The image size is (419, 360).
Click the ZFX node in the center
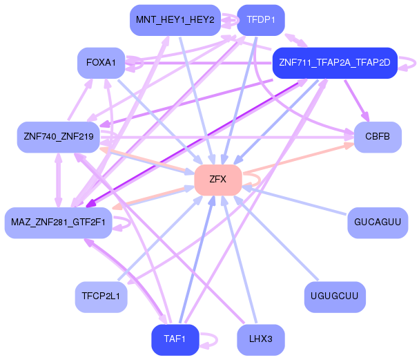[217, 179]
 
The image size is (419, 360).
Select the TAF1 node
[174, 339]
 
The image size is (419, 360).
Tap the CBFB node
[378, 137]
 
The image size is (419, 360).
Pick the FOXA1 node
[101, 63]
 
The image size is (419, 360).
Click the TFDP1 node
[260, 19]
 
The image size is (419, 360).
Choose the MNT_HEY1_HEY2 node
[175, 19]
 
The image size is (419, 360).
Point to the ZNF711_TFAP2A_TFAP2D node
[334, 63]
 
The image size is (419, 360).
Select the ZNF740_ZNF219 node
[59, 137]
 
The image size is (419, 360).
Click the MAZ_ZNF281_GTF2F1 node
[58, 222]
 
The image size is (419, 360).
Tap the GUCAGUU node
[377, 222]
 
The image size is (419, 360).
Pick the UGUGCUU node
[334, 296]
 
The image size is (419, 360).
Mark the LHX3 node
[260, 339]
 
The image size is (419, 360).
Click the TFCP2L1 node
[101, 296]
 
